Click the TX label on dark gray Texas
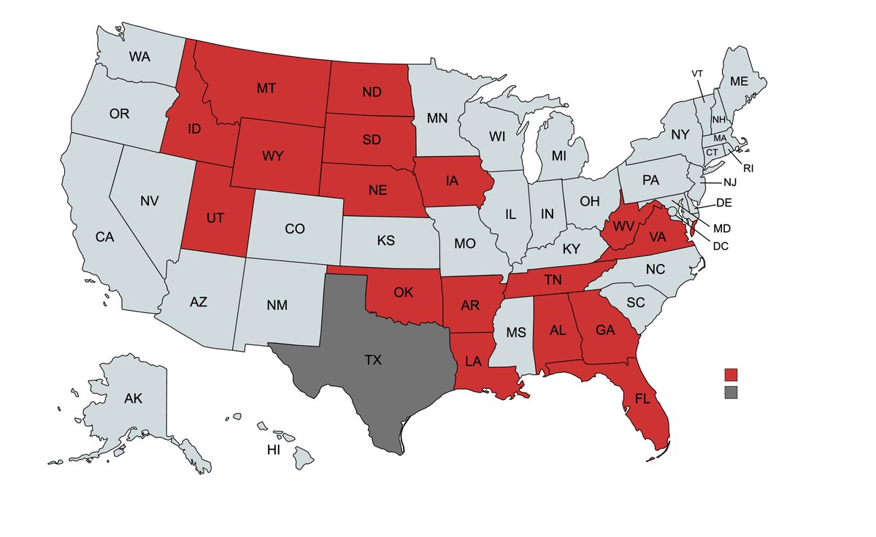point(372,360)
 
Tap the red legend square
point(731,374)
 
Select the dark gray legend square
point(731,393)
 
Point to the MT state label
point(266,89)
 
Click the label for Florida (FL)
point(642,399)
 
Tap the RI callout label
point(748,168)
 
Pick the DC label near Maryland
point(721,246)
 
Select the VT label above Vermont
point(698,74)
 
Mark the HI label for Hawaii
point(273,450)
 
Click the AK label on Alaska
point(133,398)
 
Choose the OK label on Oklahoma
point(404,293)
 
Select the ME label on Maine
point(739,82)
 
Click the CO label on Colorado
point(294,229)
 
